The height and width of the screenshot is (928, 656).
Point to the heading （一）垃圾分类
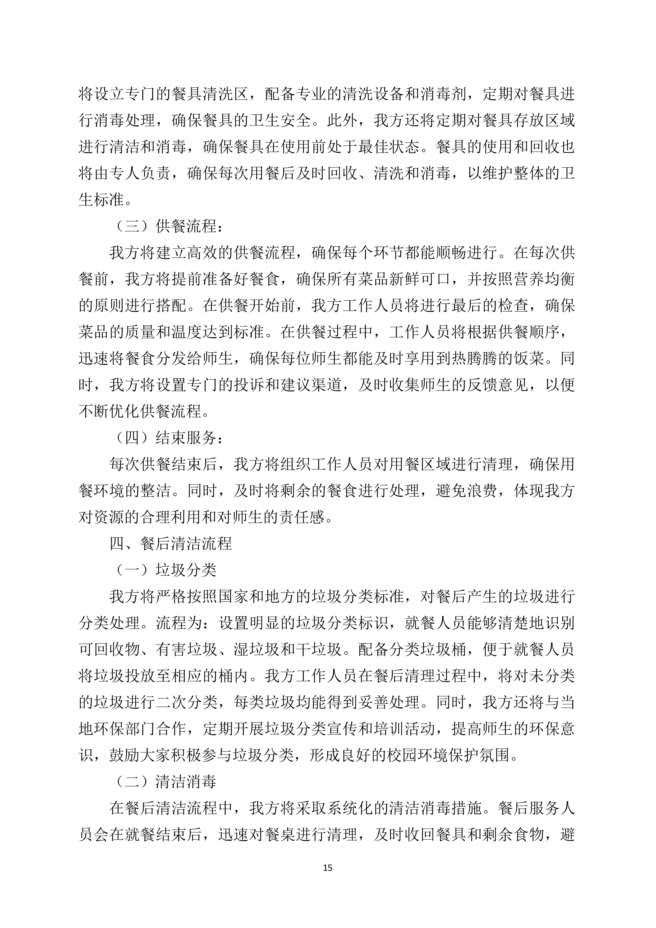click(166, 570)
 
